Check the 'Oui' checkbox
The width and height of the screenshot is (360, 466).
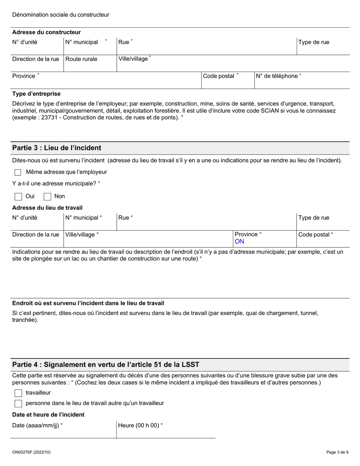point(18,197)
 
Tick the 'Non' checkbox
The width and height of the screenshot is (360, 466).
point(47,197)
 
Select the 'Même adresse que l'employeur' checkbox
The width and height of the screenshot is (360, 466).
point(18,172)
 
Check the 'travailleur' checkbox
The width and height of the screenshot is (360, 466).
point(18,393)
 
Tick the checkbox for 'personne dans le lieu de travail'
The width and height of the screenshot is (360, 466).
point(18,403)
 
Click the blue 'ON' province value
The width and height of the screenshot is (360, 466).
point(239,242)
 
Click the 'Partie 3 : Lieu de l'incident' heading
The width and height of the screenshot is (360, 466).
point(57,148)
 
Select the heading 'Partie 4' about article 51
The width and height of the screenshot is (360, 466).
point(106,364)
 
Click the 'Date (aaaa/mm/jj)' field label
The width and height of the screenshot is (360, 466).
point(37,425)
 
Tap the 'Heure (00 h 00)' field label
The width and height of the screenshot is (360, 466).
point(140,425)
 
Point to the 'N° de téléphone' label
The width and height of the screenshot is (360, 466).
point(279,76)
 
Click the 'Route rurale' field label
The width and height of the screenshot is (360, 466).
point(81,59)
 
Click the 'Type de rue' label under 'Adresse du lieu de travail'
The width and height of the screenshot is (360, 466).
point(314,218)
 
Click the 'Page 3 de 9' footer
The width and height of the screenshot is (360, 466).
point(337,452)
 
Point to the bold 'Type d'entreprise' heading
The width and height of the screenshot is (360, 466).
point(36,94)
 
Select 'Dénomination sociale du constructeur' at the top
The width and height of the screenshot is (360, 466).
point(61,15)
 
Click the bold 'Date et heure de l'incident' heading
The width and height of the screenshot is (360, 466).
point(48,414)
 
